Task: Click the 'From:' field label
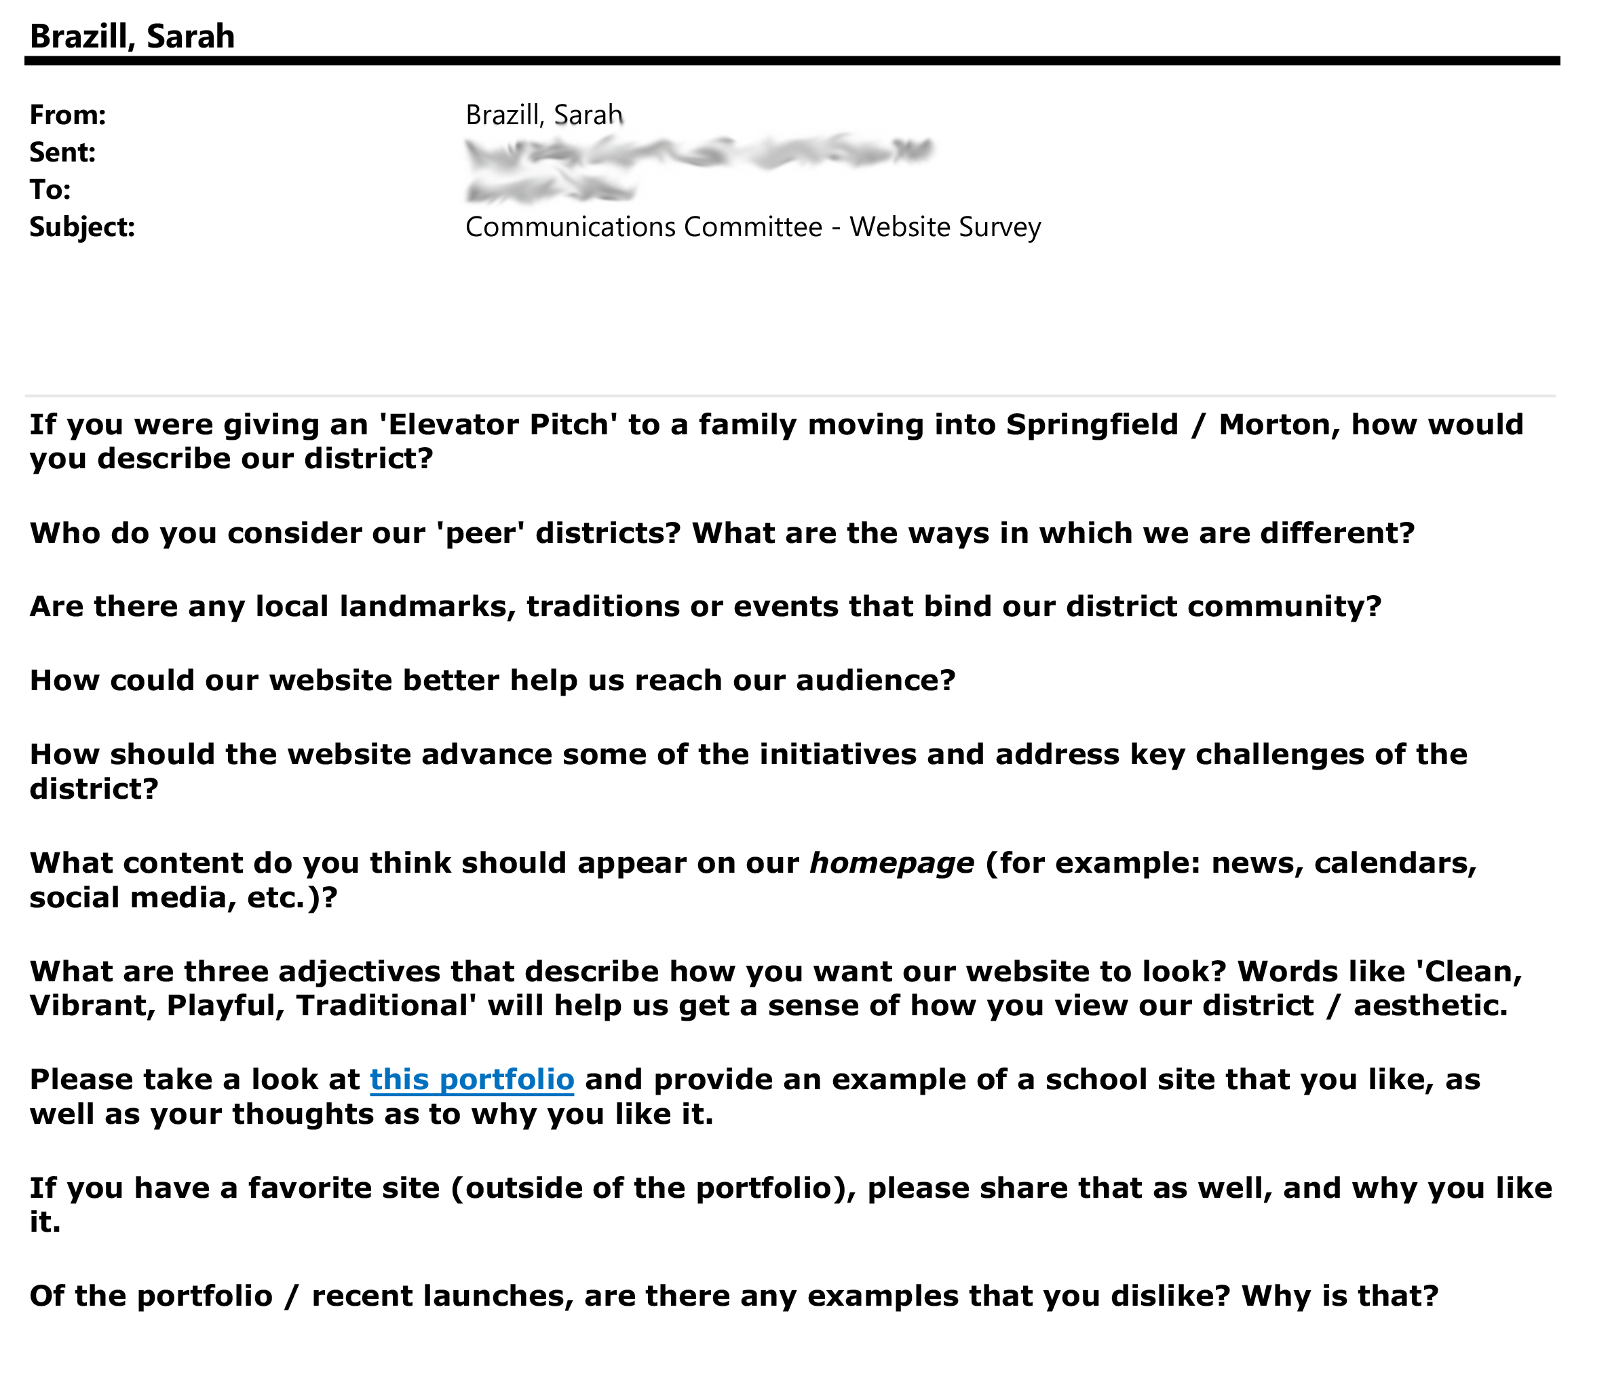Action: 68,115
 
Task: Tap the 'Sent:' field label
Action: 62,152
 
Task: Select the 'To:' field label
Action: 50,189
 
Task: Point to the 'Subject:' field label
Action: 82,227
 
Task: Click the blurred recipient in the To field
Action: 550,189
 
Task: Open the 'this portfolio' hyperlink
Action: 472,1079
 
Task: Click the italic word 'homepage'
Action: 892,863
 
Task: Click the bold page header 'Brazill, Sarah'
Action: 132,37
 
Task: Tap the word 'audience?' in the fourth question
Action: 875,680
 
